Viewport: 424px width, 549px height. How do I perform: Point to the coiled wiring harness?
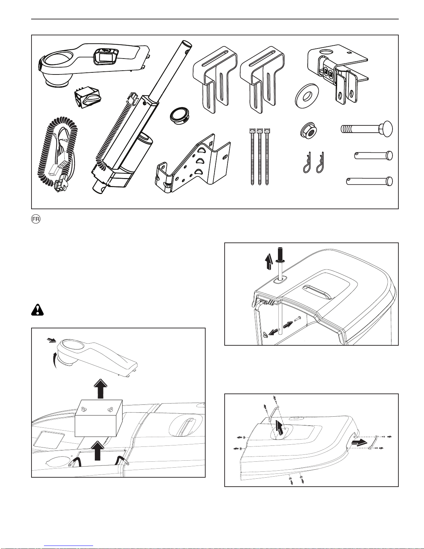(59, 152)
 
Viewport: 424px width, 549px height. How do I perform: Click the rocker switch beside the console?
(87, 98)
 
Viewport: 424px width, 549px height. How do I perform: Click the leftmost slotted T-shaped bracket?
(214, 80)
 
